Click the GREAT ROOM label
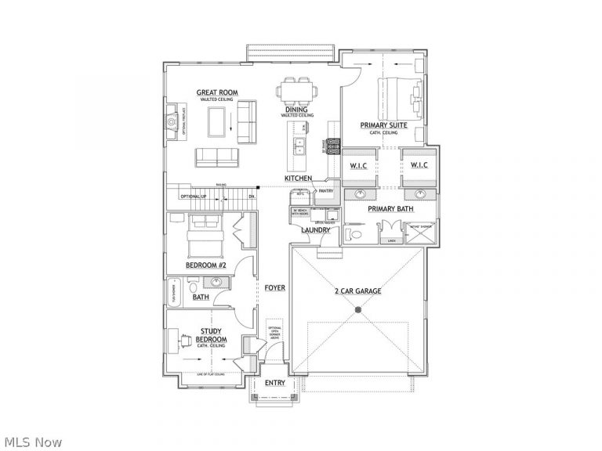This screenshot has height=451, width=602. [x=217, y=93]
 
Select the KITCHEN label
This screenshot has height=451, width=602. [x=298, y=179]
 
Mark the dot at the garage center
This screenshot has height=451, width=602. [x=358, y=311]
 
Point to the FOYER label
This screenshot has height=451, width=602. [x=274, y=288]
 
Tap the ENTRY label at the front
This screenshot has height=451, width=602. [x=275, y=383]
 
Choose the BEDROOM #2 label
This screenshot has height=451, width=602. [x=206, y=265]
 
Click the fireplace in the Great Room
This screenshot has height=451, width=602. [x=170, y=123]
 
